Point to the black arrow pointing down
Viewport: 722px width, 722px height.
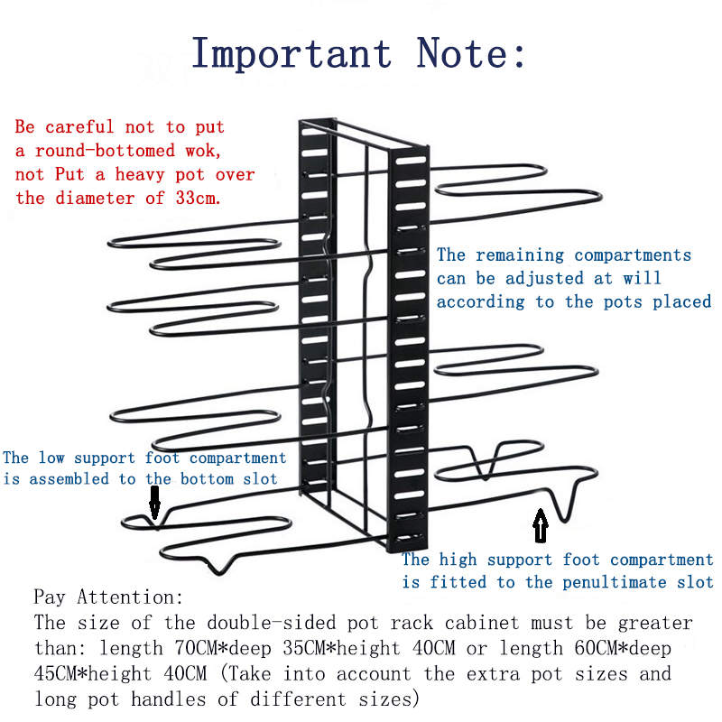pos(154,502)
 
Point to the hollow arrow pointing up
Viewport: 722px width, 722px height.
pos(541,525)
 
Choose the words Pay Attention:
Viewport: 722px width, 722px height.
pos(108,597)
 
